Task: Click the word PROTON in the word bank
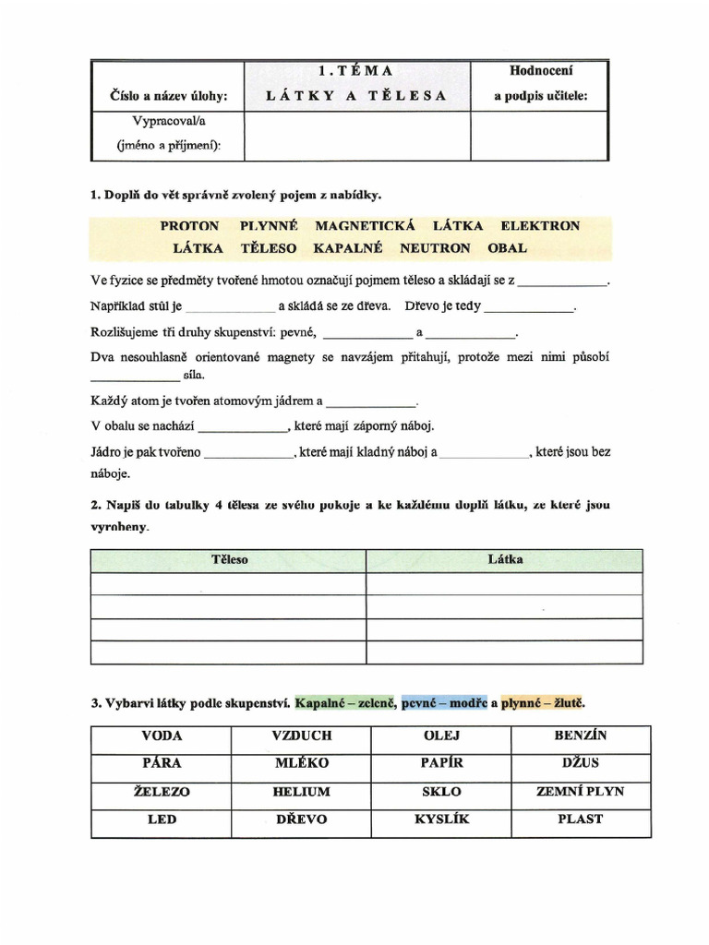click(189, 226)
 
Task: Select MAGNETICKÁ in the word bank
click(366, 226)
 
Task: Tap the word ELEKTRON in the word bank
click(540, 226)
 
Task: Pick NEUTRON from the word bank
click(435, 248)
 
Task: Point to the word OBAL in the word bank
click(507, 248)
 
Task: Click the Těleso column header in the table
click(229, 560)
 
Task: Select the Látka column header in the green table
click(505, 560)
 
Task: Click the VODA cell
click(162, 736)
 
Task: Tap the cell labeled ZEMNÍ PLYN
click(581, 792)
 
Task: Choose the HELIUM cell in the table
click(301, 792)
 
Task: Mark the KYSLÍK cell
click(440, 819)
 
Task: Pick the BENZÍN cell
click(581, 736)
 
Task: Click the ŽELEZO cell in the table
click(162, 792)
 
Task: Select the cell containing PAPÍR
click(440, 764)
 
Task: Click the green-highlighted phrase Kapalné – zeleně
click(345, 703)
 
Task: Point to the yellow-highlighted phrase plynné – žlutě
click(543, 703)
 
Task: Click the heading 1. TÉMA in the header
click(355, 71)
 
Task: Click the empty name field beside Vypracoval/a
click(355, 136)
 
